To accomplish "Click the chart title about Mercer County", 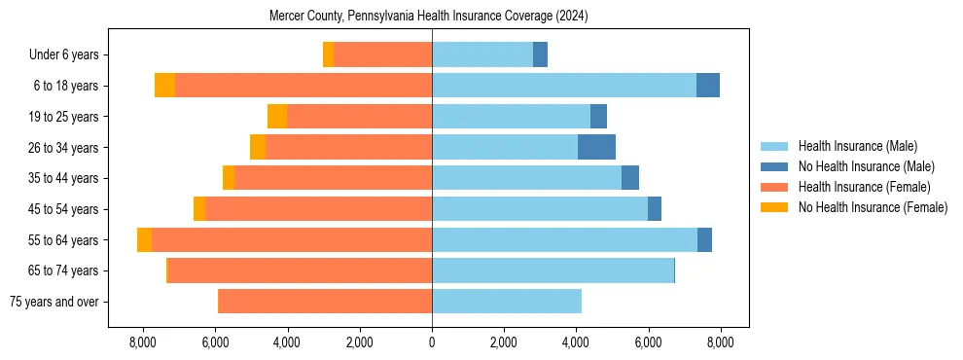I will click(x=429, y=17).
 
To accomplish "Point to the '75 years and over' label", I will click(x=53, y=302).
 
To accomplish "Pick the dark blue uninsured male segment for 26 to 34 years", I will click(x=596, y=147).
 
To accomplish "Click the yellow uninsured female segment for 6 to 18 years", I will click(x=164, y=86).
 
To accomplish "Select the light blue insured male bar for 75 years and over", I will click(x=507, y=302).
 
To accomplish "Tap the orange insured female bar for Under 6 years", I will click(x=382, y=54).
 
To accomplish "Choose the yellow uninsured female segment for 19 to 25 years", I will click(x=277, y=117).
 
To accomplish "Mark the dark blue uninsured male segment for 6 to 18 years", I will click(x=708, y=86).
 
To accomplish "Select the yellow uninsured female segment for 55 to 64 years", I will click(x=144, y=240).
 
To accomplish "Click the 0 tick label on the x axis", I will click(x=432, y=342).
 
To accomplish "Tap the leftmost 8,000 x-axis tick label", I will click(x=143, y=342).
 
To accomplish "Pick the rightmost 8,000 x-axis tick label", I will click(x=720, y=342).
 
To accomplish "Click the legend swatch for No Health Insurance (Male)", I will click(x=774, y=166).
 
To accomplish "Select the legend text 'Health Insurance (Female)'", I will click(x=864, y=187).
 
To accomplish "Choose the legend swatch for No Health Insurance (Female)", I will click(x=774, y=207).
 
